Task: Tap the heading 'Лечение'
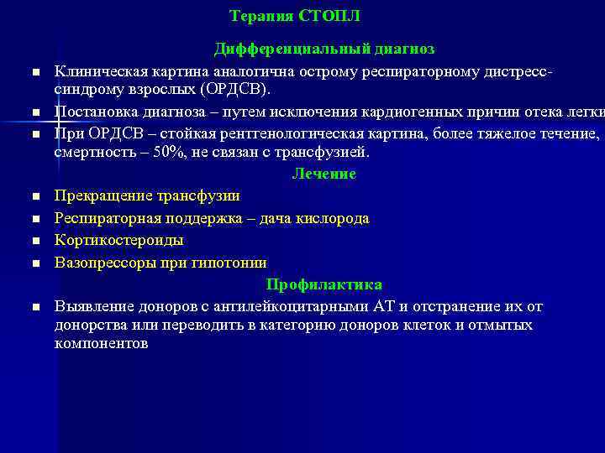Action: click(324, 174)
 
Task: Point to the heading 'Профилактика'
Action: click(324, 284)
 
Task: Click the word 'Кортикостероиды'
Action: click(119, 240)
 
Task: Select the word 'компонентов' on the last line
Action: click(101, 344)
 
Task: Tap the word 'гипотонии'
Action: click(231, 262)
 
